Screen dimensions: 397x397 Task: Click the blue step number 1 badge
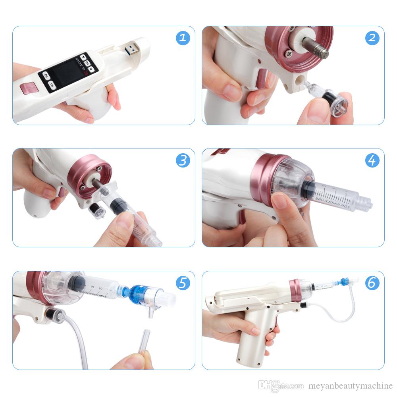(x=183, y=38)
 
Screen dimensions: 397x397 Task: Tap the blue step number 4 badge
(x=372, y=160)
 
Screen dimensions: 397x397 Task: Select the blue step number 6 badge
(x=372, y=283)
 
